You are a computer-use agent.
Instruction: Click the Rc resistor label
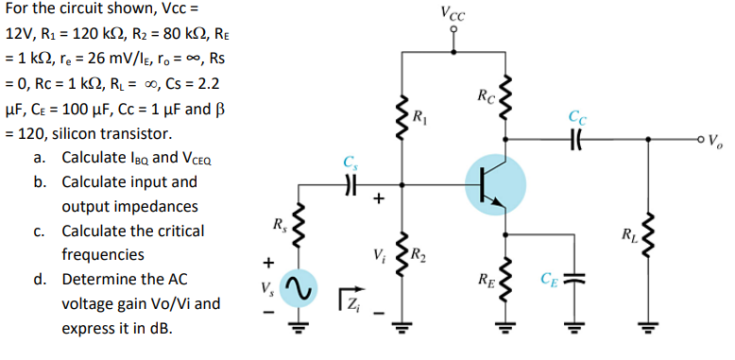click(x=484, y=95)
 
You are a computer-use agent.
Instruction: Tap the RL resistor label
click(x=625, y=233)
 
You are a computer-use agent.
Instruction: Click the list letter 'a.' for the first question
click(x=42, y=157)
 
